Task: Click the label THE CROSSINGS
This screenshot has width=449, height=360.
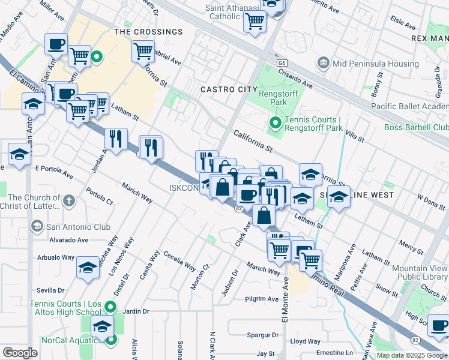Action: pyautogui.click(x=148, y=32)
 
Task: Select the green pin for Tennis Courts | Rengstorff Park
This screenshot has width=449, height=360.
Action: pyautogui.click(x=276, y=124)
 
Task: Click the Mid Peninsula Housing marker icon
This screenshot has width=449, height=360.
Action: pyautogui.click(x=324, y=64)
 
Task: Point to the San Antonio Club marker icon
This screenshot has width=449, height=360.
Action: pyautogui.click(x=37, y=227)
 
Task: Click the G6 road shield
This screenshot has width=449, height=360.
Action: pyautogui.click(x=282, y=62)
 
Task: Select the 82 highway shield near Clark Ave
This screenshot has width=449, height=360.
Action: pyautogui.click(x=238, y=208)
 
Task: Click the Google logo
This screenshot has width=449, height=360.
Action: pyautogui.click(x=20, y=353)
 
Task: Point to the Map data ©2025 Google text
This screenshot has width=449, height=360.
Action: pyautogui.click(x=411, y=355)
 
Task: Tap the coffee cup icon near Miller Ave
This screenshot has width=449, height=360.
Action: pyautogui.click(x=56, y=43)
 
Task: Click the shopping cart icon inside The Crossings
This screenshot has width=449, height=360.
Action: pyautogui.click(x=143, y=51)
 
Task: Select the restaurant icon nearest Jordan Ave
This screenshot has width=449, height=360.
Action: pyautogui.click(x=116, y=138)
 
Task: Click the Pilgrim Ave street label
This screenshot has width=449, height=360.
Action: pyautogui.click(x=262, y=299)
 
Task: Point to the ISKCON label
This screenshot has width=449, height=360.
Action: pyautogui.click(x=182, y=188)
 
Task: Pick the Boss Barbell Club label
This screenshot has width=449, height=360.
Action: pyautogui.click(x=416, y=128)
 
